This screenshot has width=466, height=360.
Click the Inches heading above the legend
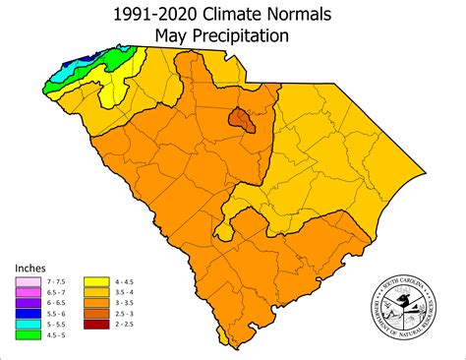(x=30, y=267)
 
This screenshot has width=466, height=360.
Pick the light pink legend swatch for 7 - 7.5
(x=23, y=280)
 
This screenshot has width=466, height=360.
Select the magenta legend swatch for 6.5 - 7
(x=23, y=292)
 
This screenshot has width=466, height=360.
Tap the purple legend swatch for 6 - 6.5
(x=23, y=304)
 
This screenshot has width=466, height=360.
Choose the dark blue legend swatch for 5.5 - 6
(x=23, y=316)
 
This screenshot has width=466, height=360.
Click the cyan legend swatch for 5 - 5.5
(x=23, y=328)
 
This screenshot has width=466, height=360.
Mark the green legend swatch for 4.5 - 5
(x=23, y=339)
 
